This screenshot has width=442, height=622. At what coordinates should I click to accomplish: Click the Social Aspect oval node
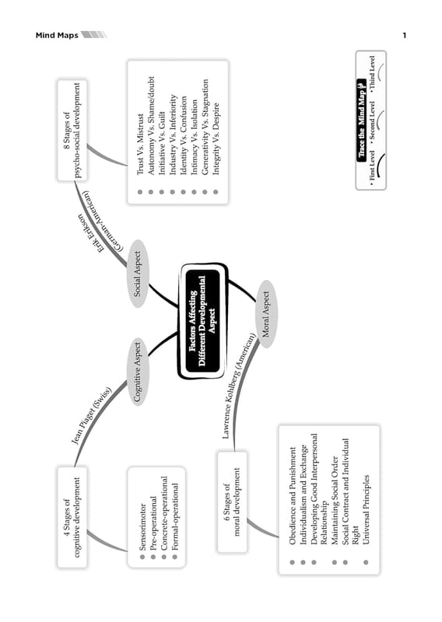138,274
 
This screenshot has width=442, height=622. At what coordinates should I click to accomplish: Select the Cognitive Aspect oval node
138,372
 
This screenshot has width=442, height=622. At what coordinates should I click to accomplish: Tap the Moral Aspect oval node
266,314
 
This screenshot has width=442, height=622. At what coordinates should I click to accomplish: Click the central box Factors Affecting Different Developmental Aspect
202,320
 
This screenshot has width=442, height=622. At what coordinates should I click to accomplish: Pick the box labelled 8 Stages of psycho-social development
72,130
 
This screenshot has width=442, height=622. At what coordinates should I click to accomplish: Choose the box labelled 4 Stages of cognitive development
72,517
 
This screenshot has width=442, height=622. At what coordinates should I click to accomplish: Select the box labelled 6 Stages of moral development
233,501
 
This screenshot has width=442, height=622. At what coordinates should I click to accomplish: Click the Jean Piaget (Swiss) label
91,415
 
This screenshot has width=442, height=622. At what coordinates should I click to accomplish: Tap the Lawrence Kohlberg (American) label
238,386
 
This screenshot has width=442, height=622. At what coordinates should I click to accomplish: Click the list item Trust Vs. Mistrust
140,145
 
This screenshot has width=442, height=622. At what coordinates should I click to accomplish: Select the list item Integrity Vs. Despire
216,139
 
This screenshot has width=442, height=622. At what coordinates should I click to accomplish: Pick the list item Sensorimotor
143,527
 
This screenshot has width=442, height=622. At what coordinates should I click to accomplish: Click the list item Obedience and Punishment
293,495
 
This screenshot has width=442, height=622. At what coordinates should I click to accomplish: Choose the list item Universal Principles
367,510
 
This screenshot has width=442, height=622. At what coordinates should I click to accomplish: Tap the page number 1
405,35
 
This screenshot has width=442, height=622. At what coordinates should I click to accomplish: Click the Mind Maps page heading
57,35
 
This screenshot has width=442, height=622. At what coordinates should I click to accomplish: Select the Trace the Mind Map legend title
361,121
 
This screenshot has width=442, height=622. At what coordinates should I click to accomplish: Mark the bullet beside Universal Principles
367,562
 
